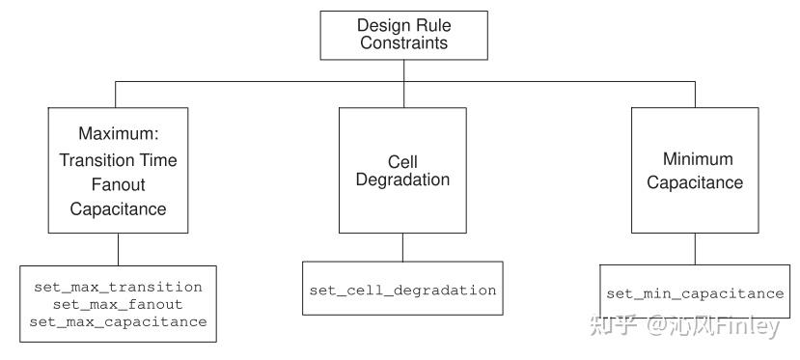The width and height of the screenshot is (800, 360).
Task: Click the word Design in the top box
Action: (382, 24)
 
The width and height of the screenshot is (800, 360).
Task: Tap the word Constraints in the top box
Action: (404, 42)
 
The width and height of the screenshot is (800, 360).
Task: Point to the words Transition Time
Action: (118, 160)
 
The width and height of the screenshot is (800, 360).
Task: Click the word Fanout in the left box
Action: (118, 184)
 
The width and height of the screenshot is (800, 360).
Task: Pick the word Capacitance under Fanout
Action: (118, 208)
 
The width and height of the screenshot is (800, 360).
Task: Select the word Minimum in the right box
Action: (698, 159)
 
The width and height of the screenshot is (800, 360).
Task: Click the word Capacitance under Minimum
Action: (695, 182)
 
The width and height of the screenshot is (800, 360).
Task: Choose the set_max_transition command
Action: (118, 287)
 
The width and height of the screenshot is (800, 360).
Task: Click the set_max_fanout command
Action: (118, 304)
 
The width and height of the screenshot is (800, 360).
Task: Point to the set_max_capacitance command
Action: (118, 321)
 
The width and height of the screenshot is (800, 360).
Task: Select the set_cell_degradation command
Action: (402, 290)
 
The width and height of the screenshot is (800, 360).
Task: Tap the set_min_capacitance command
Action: (695, 293)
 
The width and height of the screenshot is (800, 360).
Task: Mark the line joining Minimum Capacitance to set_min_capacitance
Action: (695, 248)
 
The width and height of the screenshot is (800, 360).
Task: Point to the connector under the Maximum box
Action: (118, 248)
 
